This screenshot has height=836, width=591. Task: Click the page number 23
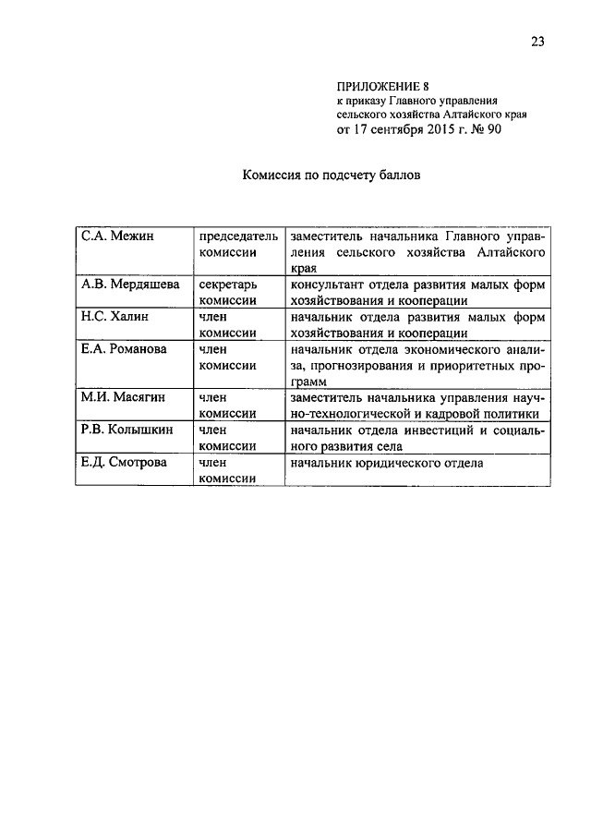pos(538,40)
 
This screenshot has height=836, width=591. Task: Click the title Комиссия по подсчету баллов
pos(332,174)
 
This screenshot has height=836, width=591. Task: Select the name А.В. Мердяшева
pos(129,284)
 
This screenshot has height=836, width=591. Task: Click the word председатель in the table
pos(238,236)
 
